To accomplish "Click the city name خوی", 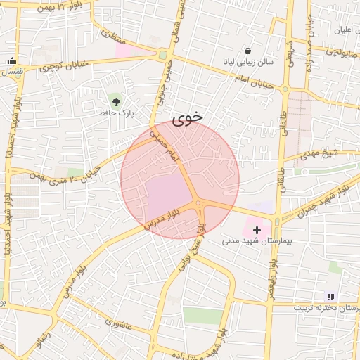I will coord(187,117).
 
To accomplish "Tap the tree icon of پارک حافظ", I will coord(115,101).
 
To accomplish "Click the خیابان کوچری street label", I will coord(63,66).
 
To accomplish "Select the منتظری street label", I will coord(112,38).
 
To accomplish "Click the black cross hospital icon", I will coord(257,229).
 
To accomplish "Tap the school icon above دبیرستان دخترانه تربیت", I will coord(330,297).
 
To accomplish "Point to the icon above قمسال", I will coord(12,61).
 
